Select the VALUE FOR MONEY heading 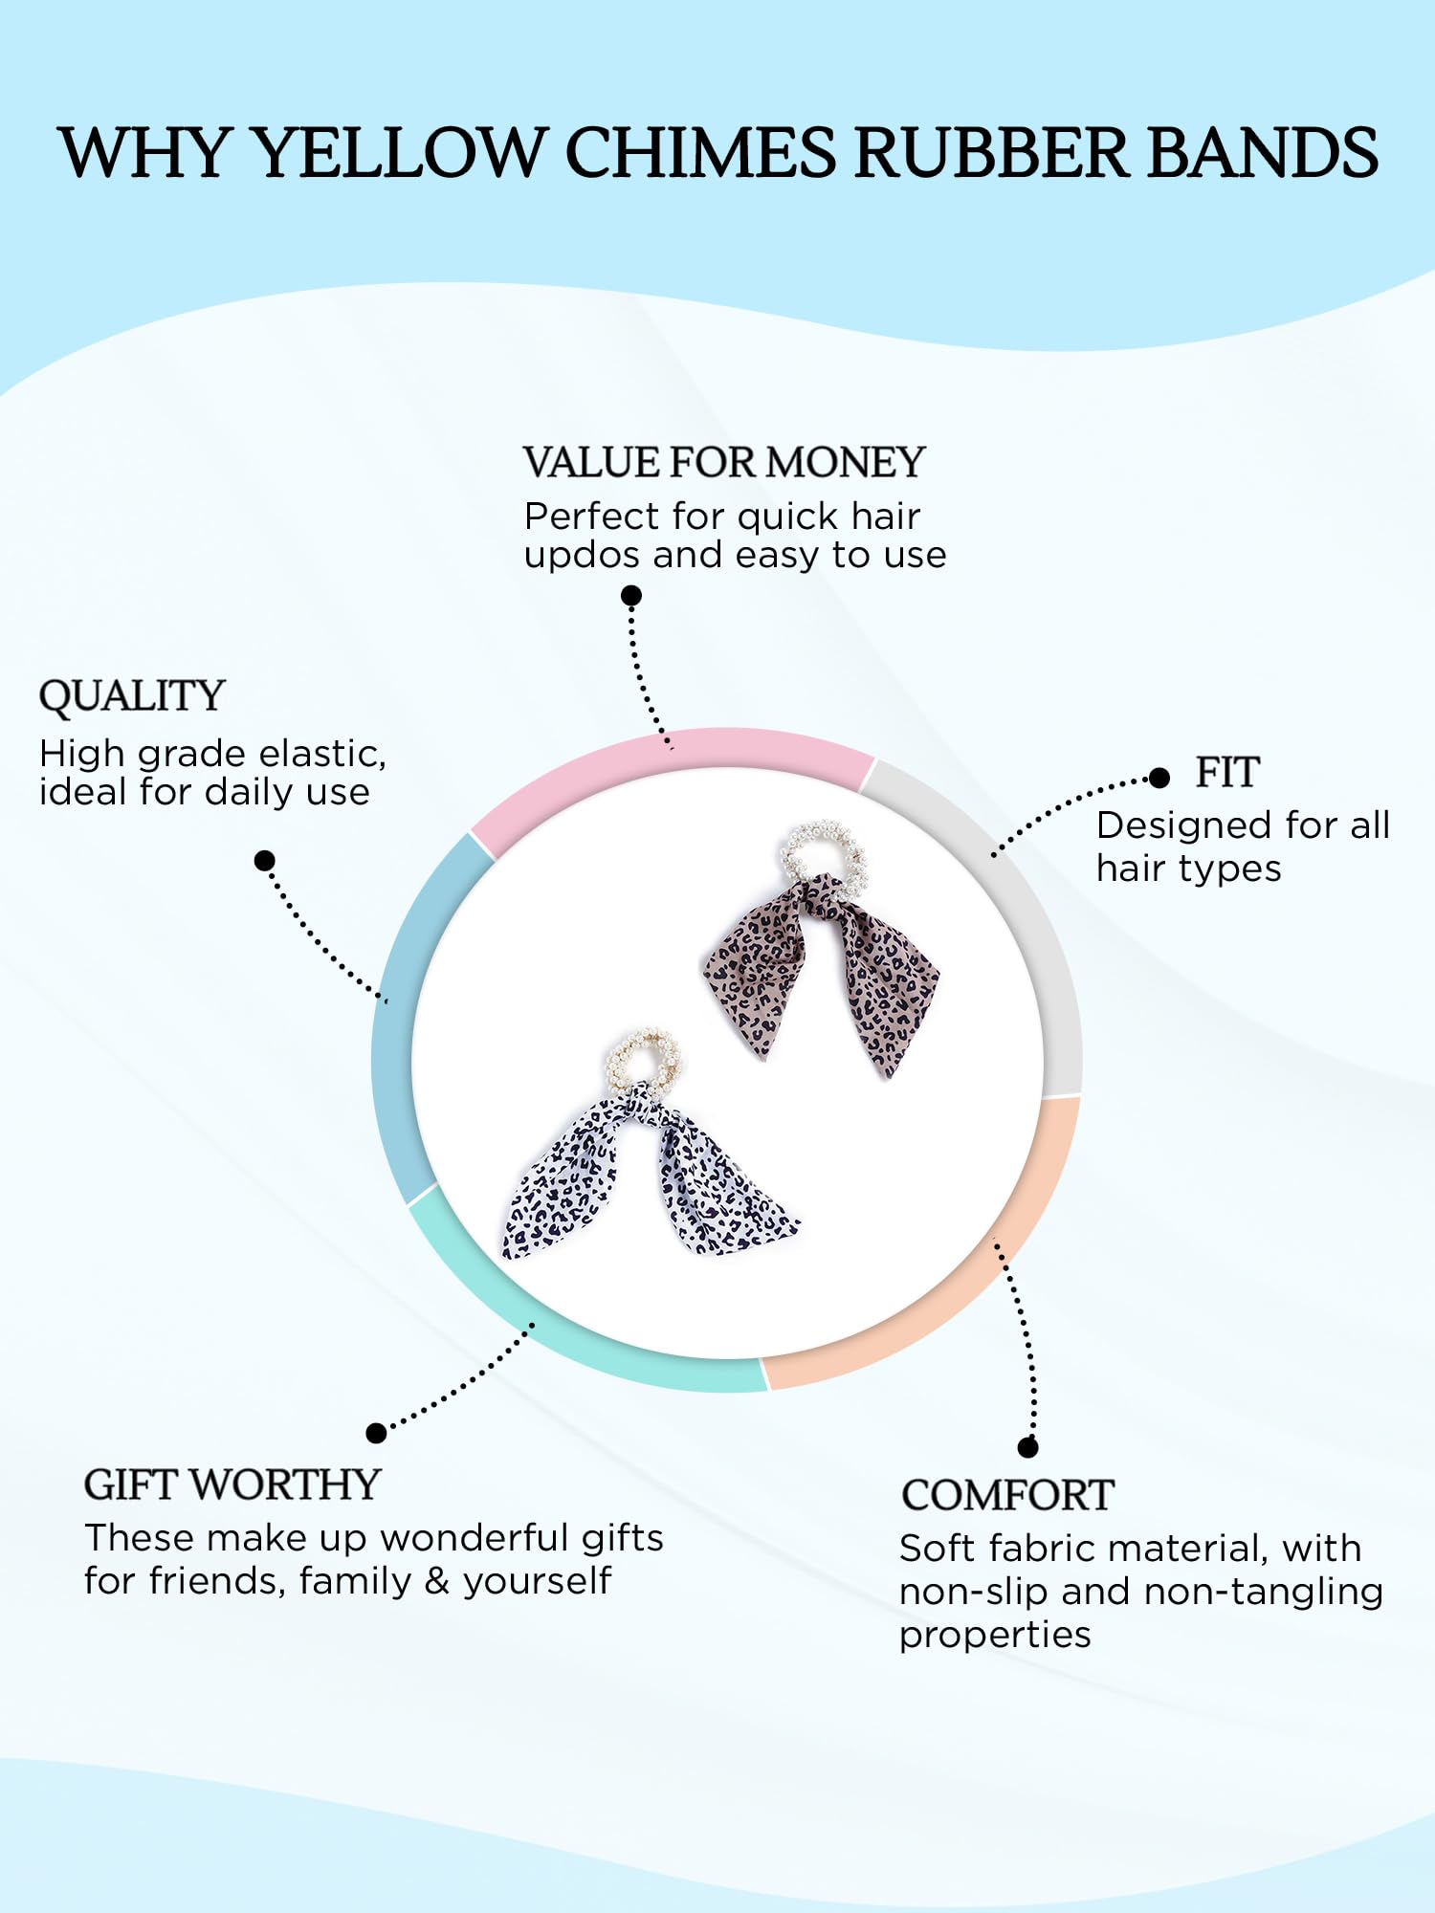[x=724, y=463]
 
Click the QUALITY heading [x=132, y=696]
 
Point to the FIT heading [x=1227, y=773]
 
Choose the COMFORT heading [x=1007, y=1496]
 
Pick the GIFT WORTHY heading [x=232, y=1485]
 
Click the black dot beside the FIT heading [x=1159, y=778]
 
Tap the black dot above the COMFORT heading [x=1028, y=1447]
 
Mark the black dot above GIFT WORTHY [x=377, y=1433]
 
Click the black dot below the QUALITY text [x=265, y=861]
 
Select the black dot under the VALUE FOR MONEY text [x=631, y=596]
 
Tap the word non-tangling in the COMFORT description [x=1264, y=1593]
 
